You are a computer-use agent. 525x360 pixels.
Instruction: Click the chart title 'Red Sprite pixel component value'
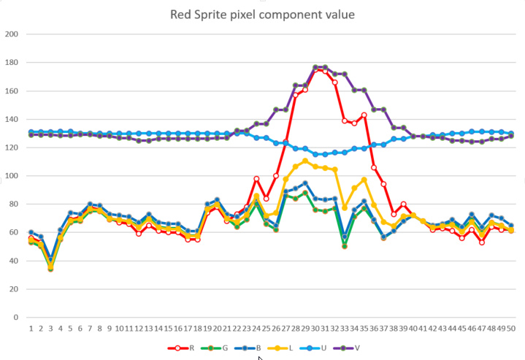point(262,14)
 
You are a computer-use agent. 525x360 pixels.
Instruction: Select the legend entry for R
point(186,348)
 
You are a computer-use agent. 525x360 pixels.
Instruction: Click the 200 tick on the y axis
point(12,34)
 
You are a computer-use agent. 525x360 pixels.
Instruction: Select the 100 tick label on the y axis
point(12,176)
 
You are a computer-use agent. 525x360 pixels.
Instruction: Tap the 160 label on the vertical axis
point(12,91)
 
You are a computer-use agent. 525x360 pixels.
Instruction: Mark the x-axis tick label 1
point(31,329)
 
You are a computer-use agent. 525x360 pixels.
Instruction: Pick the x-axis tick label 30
point(315,329)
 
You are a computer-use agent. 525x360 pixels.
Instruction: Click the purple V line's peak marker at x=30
point(315,67)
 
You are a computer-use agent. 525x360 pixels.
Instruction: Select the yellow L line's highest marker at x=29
point(305,161)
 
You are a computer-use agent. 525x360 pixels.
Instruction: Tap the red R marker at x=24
point(256,179)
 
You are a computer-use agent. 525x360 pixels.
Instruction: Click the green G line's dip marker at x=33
point(344,246)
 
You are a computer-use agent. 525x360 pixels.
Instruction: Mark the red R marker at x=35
point(364,115)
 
